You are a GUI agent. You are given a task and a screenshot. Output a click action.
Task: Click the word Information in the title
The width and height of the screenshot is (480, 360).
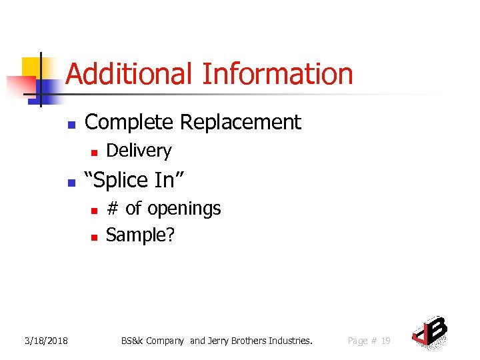277,73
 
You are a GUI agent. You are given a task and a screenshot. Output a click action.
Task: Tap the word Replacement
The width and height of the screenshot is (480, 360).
241,123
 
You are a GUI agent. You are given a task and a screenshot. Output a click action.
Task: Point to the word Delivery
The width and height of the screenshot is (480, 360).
139,151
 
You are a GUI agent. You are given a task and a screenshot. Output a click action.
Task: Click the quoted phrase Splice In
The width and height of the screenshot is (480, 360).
133,180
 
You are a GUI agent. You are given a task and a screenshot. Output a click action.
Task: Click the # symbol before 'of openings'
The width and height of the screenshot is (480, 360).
113,209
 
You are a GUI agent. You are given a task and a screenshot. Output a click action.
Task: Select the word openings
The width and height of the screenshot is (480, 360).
183,209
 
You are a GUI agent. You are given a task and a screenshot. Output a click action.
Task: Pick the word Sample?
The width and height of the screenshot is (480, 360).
140,235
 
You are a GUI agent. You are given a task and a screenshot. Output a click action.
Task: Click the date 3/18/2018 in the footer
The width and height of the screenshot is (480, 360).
46,341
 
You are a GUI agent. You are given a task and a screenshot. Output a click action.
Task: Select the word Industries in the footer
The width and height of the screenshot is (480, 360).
291,341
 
